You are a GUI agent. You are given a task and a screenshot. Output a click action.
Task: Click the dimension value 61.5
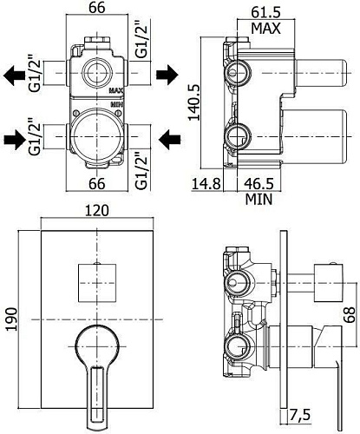coord(265,12)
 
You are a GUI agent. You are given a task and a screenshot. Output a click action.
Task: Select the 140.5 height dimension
coord(194,102)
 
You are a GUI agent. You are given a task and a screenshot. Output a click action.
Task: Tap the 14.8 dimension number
coord(206,184)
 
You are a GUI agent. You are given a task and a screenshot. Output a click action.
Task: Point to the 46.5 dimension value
coord(259,184)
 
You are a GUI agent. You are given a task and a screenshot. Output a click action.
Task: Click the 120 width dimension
coord(97,211)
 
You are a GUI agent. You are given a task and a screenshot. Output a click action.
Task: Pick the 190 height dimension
coord(12,319)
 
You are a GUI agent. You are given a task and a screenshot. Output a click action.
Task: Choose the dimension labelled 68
coord(349,314)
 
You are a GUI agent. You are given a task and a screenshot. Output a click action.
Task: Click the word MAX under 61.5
coord(265,29)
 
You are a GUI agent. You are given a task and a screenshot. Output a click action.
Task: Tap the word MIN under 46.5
coord(259,200)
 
